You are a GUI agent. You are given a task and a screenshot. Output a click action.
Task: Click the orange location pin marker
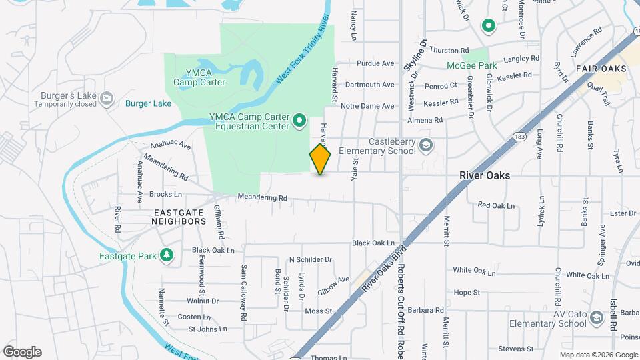[320, 159]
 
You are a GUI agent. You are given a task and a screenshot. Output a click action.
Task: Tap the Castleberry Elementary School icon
[425, 144]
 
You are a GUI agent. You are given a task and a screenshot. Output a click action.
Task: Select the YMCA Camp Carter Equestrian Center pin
[299, 121]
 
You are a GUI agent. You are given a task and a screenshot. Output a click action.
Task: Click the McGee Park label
[472, 66]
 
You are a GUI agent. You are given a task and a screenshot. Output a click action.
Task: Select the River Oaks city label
[485, 175]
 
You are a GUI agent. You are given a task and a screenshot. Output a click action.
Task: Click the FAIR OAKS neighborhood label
[601, 69]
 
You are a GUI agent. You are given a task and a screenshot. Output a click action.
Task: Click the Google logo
[22, 352]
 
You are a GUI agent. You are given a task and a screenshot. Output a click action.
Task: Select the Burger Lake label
[148, 103]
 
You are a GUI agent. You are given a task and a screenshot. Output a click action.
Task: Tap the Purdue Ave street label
[375, 63]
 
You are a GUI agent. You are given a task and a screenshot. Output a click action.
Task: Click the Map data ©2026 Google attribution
[599, 355]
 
